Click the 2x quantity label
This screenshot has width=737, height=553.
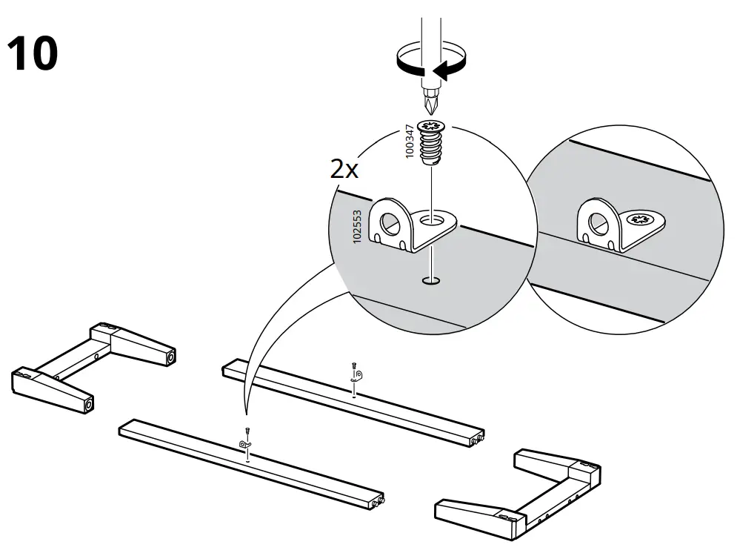click(344, 170)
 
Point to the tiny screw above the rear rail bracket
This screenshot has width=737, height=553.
click(355, 365)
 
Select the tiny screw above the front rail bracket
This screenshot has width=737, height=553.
click(247, 431)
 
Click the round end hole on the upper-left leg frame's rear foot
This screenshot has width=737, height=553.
click(172, 358)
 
